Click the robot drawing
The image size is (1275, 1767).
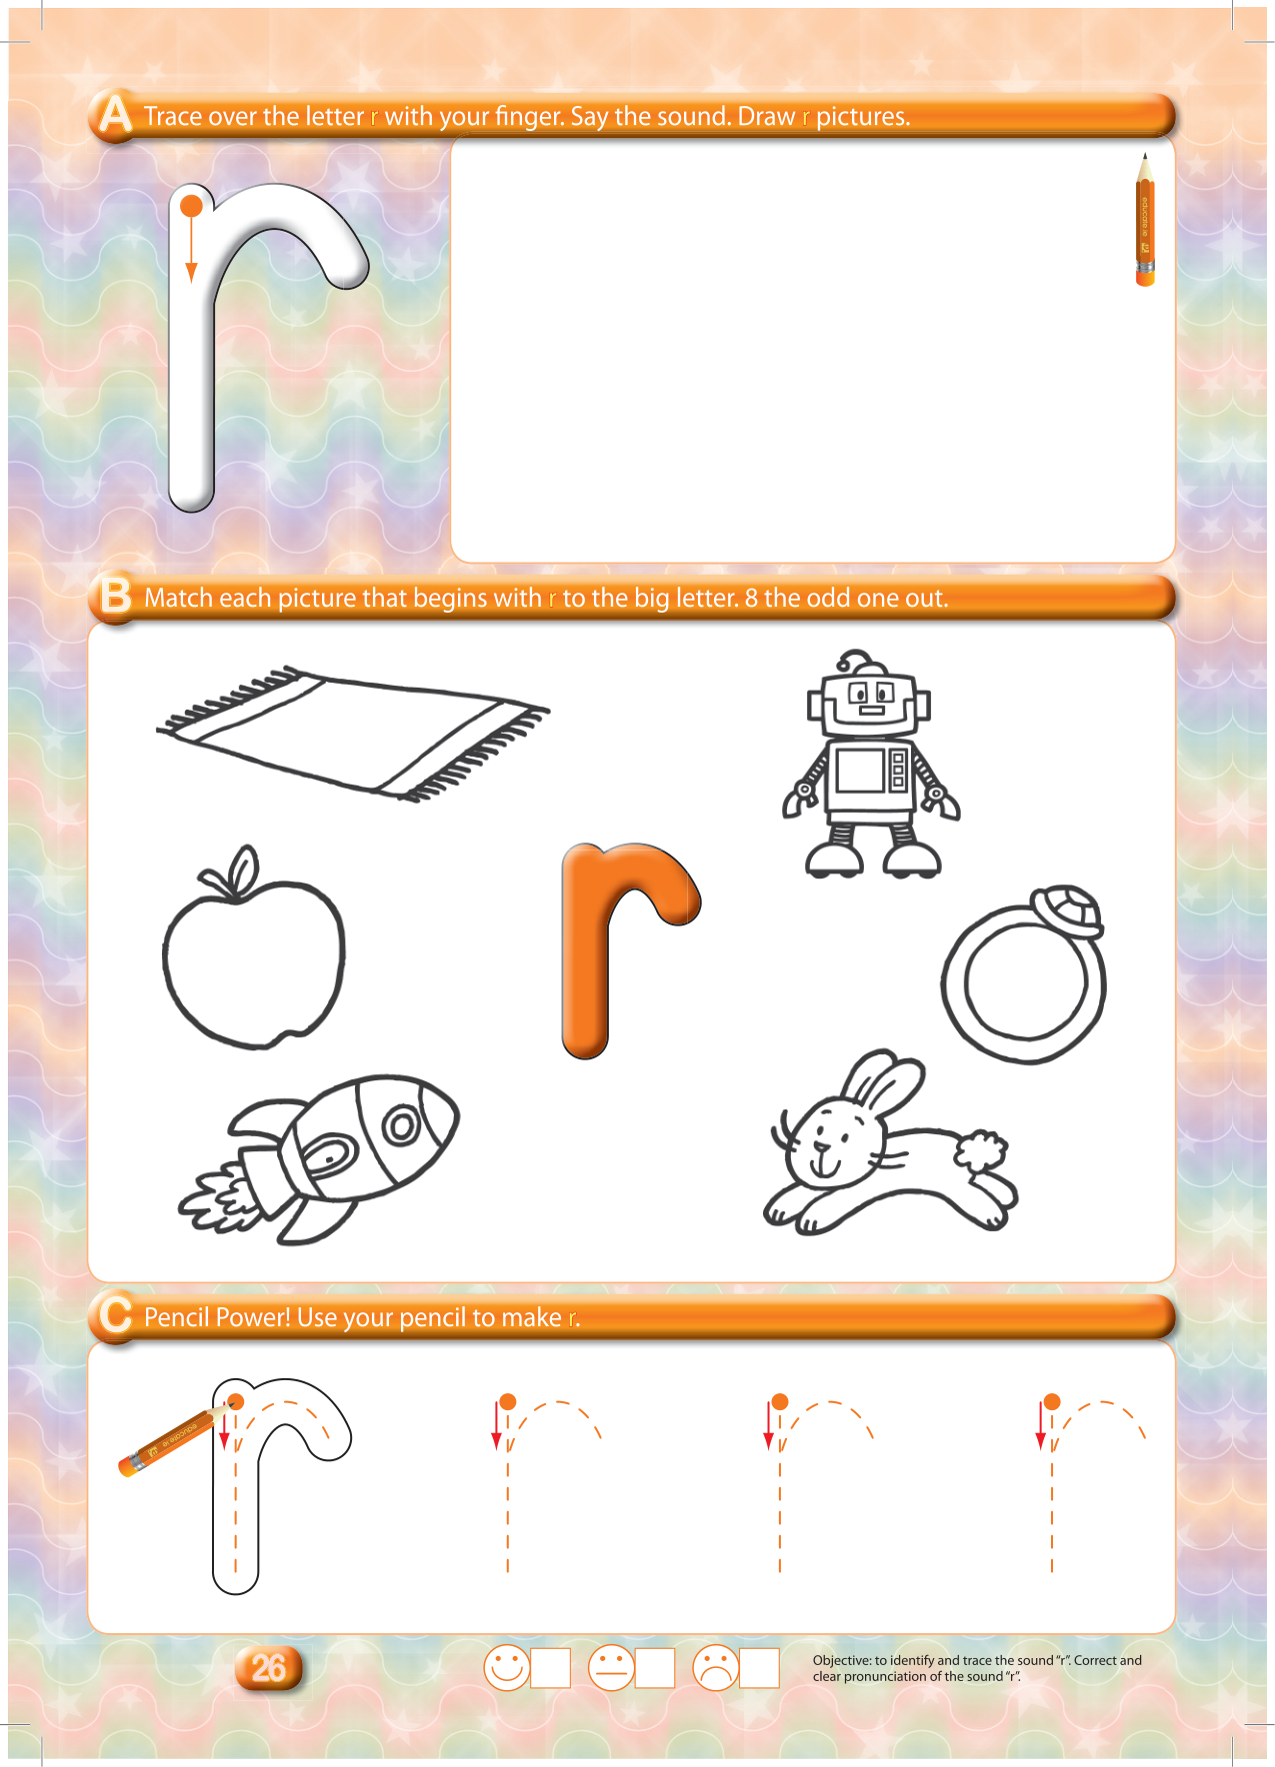(x=870, y=765)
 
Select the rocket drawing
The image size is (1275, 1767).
(x=318, y=1159)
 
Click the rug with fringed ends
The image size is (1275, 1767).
(x=352, y=733)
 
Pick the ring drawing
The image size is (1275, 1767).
(x=1024, y=974)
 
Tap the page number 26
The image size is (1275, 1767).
(x=268, y=1667)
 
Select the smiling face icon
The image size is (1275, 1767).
(x=506, y=1667)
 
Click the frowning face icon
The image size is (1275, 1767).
(x=715, y=1667)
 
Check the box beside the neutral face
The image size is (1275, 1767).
(x=655, y=1668)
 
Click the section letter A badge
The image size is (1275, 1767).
(x=115, y=115)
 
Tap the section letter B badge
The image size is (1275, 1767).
(x=115, y=597)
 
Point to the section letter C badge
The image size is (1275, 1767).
(x=115, y=1315)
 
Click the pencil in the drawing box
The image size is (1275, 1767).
(x=1145, y=220)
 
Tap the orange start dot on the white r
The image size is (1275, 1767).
(x=191, y=207)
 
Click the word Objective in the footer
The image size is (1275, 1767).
(x=842, y=1660)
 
